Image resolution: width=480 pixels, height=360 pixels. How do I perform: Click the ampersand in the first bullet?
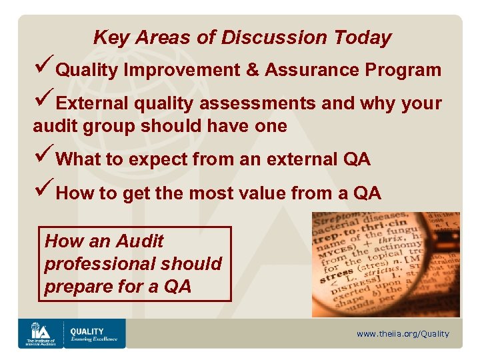253,70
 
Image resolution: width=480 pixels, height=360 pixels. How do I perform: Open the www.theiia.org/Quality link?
403,334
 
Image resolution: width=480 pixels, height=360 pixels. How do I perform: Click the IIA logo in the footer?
39,333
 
